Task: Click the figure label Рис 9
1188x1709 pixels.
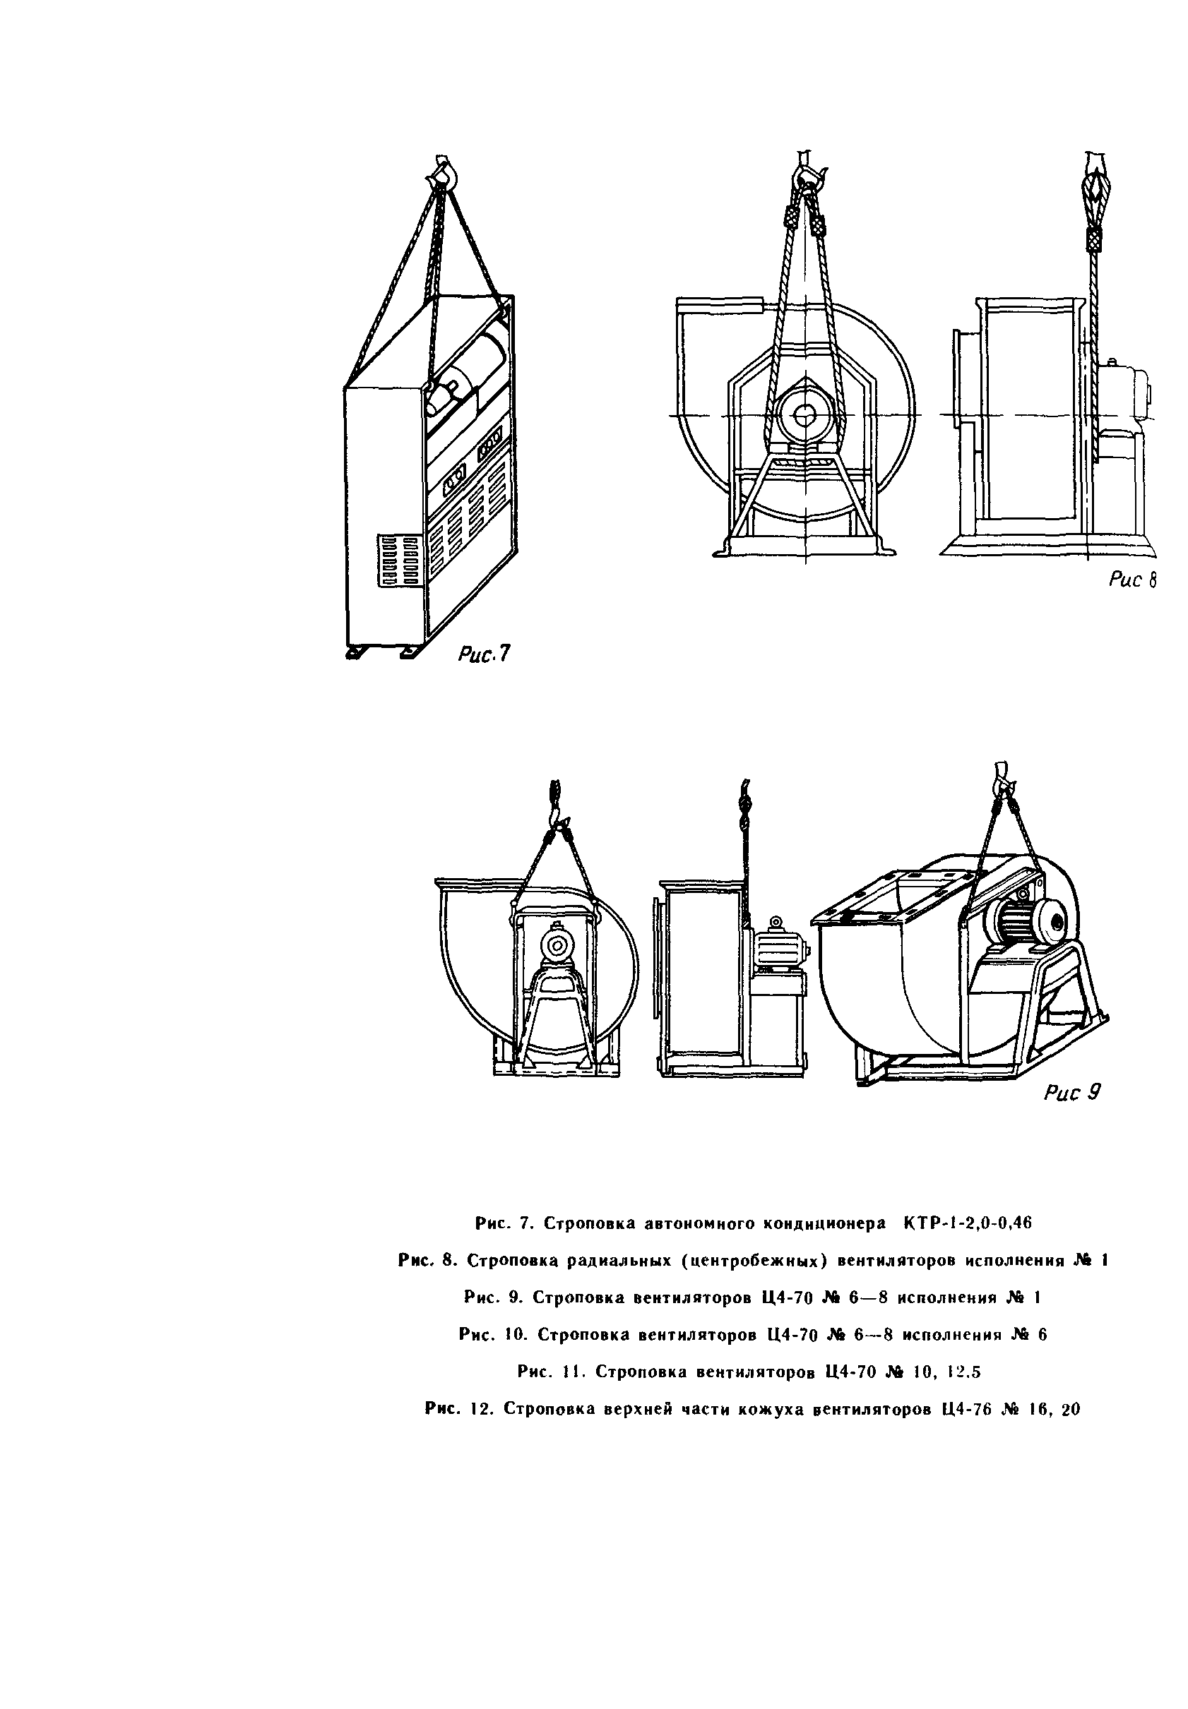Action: click(x=1072, y=1091)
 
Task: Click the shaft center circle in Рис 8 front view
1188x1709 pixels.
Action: click(x=804, y=415)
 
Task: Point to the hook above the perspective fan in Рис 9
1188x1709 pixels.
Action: click(x=1003, y=777)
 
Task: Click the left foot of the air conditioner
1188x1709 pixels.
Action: click(x=357, y=652)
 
